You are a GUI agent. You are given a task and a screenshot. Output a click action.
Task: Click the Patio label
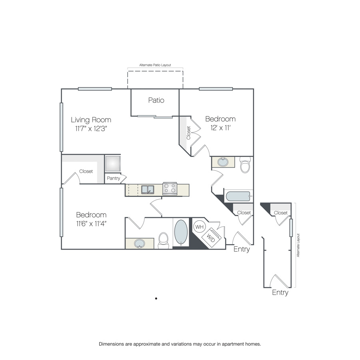[x=156, y=100]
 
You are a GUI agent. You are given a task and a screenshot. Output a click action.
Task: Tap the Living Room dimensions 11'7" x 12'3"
[x=91, y=128]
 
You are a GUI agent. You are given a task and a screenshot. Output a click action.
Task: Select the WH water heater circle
[x=199, y=227]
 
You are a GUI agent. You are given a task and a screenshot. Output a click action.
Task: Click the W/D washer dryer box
[x=211, y=237]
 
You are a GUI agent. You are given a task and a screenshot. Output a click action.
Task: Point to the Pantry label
[x=114, y=178]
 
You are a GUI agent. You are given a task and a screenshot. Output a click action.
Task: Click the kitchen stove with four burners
[x=170, y=189]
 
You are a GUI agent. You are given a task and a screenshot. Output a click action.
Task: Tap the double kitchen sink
[x=148, y=190]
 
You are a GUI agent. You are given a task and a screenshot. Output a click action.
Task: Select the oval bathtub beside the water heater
[x=181, y=232]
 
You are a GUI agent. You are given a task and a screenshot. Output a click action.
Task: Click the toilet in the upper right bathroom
[x=245, y=165]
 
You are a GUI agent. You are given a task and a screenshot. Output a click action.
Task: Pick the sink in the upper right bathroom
[x=223, y=162]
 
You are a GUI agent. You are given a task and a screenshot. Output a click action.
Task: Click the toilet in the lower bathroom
[x=164, y=241]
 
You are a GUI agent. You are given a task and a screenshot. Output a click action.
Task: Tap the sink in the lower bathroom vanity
[x=139, y=243]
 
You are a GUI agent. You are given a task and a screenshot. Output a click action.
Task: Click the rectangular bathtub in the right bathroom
[x=238, y=196]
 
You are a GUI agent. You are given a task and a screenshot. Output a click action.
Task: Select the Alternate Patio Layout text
[x=155, y=65]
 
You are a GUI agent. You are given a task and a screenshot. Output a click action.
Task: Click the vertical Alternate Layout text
[x=298, y=245]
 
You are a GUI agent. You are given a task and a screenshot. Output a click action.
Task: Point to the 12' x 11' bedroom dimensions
[x=221, y=128]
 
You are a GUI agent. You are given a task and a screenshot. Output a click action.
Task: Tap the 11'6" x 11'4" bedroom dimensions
[x=91, y=224]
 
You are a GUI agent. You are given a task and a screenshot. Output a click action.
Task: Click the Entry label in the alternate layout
[x=280, y=292]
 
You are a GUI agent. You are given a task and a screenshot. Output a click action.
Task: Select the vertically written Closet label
[x=188, y=133]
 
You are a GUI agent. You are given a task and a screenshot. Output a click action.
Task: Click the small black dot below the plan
[x=156, y=298]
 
